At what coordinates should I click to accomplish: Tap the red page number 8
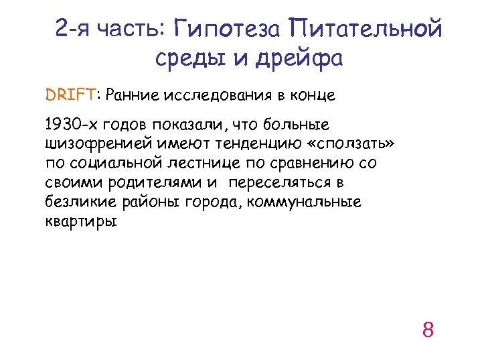(428, 330)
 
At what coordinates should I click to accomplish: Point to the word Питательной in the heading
(366, 29)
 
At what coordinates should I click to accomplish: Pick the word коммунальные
(304, 202)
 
